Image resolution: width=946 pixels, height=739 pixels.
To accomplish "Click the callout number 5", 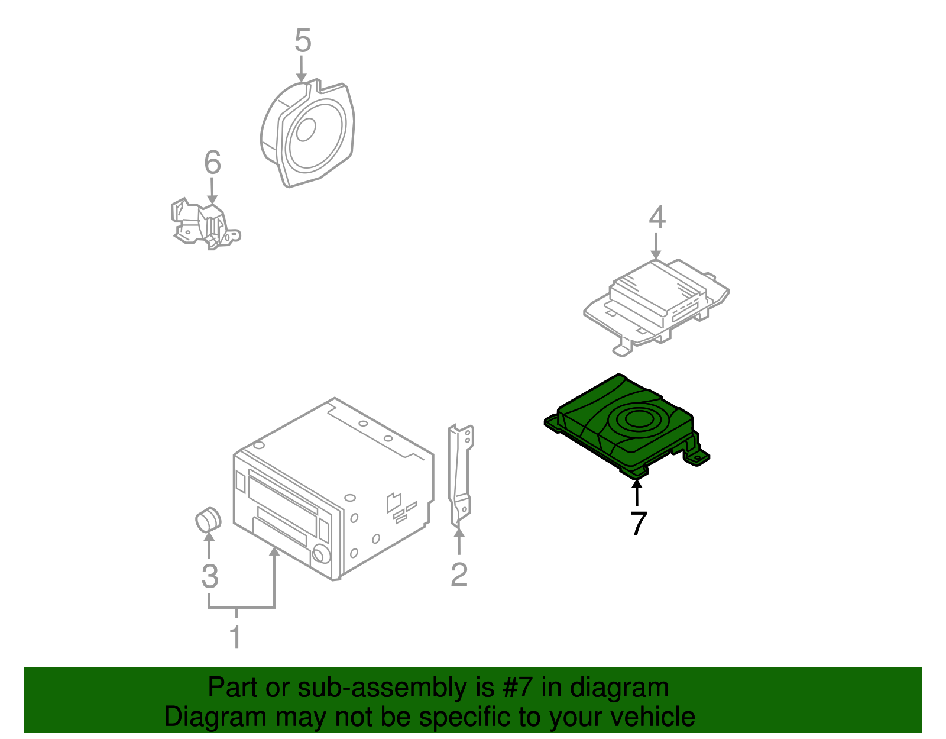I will click(302, 41).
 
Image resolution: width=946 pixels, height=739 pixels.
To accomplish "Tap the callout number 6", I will click(212, 163).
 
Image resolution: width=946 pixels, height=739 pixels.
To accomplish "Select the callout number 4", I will click(657, 218).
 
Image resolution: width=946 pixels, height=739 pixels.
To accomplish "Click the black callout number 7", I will click(638, 524).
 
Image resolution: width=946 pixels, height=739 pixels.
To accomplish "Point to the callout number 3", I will click(210, 576).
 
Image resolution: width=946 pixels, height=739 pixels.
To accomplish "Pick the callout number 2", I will click(459, 575).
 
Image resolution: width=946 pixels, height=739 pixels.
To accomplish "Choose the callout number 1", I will click(235, 637).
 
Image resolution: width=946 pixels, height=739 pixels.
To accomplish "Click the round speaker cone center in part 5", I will click(306, 130).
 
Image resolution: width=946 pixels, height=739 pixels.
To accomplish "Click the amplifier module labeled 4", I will click(656, 296).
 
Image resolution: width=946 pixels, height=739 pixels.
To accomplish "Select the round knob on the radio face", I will click(321, 554).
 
